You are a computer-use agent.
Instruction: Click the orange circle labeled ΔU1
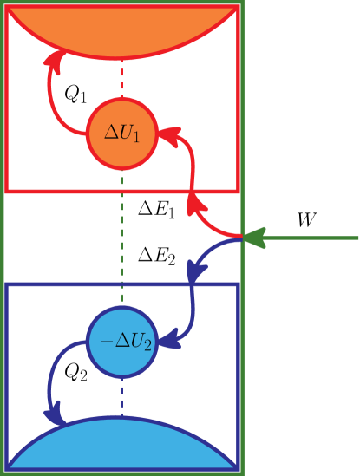tap(121, 133)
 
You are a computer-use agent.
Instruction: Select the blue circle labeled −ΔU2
tap(121, 341)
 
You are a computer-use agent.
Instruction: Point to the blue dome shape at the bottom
tap(121, 447)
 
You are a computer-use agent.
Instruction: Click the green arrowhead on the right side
tap(252, 237)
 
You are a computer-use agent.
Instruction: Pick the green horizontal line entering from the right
tap(312, 237)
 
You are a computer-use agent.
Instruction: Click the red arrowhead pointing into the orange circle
tap(169, 135)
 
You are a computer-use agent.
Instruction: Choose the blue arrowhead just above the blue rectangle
tap(197, 271)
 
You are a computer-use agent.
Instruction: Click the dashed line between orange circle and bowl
tap(121, 79)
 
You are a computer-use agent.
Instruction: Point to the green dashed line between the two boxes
tap(121, 234)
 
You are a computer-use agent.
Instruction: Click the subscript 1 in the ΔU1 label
tap(136, 137)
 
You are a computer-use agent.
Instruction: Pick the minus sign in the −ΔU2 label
tap(106, 341)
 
